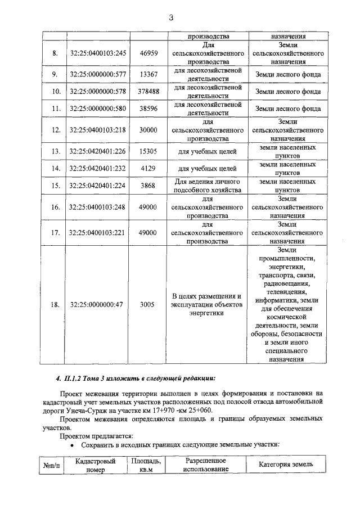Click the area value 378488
(x=148, y=91)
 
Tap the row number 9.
(x=55, y=74)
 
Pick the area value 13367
(x=148, y=74)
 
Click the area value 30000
(x=148, y=130)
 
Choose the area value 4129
(x=148, y=168)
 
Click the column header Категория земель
(x=286, y=465)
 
